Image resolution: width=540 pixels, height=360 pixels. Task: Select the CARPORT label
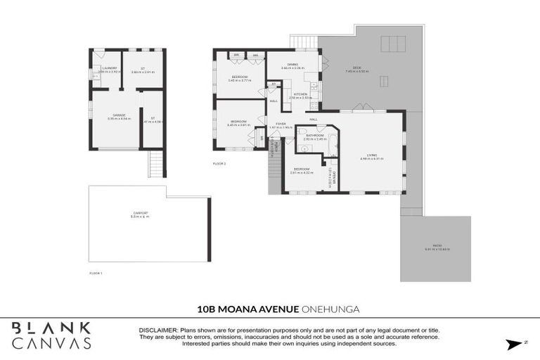click(140, 212)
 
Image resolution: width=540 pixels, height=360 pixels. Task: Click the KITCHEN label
click(300, 94)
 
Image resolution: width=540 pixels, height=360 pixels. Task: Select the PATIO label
click(436, 246)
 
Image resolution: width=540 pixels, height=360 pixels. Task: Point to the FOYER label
click(281, 124)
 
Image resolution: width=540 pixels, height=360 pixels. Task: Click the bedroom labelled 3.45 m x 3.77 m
click(240, 77)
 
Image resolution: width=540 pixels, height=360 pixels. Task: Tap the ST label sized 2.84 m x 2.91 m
click(142, 68)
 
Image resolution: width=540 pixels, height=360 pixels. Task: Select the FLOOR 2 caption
click(219, 163)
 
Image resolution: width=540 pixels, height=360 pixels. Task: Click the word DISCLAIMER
click(159, 330)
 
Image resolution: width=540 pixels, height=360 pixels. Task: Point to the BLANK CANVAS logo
click(51, 335)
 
